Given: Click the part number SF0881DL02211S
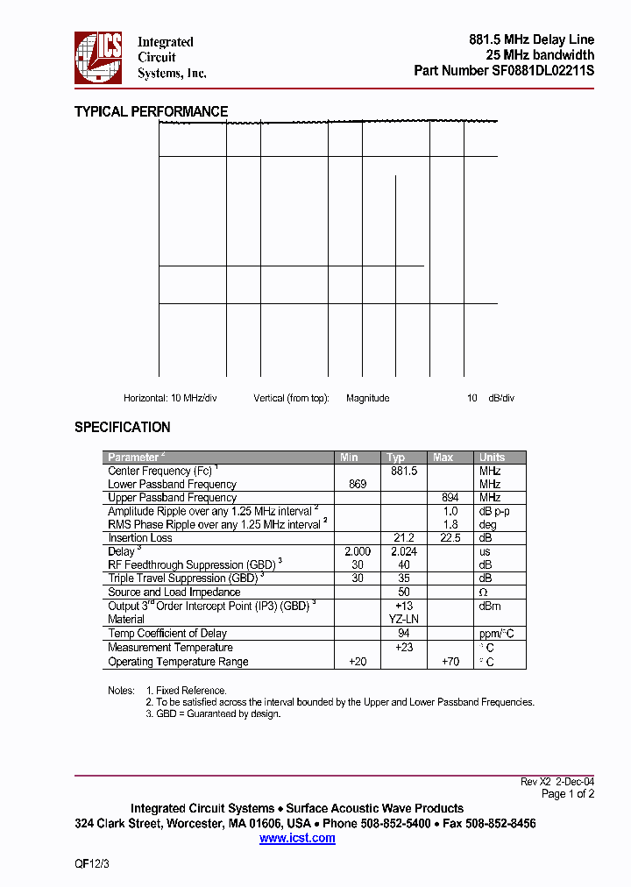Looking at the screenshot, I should pos(543,71).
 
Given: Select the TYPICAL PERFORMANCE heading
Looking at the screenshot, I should pos(151,111).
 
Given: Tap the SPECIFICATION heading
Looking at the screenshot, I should pos(122,427).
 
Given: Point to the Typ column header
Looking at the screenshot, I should pos(396,458).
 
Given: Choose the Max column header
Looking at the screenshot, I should pos(443,458).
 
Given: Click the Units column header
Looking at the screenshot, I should pos(492,458).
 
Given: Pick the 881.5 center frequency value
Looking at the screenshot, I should pos(403,471).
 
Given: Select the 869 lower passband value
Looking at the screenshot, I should pos(358,484).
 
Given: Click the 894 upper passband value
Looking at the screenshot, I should pos(450,497).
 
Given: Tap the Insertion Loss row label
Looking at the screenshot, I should pos(140,537).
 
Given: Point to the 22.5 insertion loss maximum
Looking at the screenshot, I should pos(450,537).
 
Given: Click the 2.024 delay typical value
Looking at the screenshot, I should pos(403,551).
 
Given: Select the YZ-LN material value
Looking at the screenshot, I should pos(403,619).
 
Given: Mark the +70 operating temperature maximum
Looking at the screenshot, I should pos(450,662).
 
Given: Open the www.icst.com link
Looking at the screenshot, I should pos(297,838).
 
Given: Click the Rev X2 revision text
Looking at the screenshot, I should pos(535,781).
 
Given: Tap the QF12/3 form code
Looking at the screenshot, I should pos(91,863).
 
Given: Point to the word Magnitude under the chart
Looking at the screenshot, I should pos(367,398).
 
